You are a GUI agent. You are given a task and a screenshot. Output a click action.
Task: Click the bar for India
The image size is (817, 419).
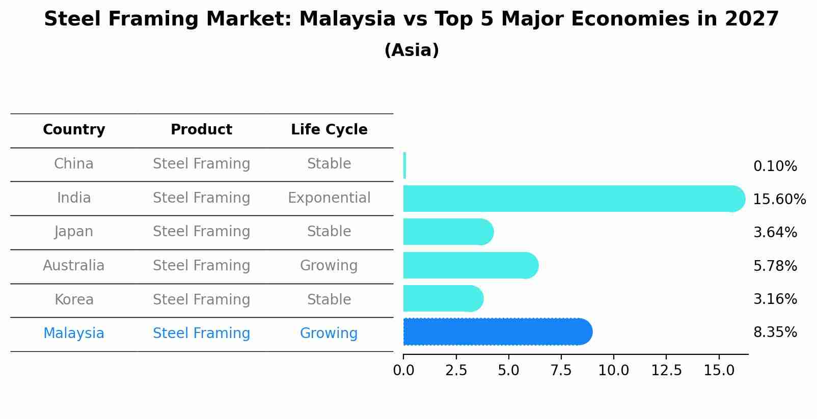click(x=570, y=199)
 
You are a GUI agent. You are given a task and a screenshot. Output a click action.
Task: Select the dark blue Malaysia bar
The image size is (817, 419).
click(x=497, y=332)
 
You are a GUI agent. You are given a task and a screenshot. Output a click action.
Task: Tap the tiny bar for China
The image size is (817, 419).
click(x=404, y=165)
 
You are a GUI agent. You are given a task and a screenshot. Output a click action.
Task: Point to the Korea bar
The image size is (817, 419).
click(x=442, y=298)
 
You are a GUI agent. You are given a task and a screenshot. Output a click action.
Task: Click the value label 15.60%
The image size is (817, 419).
click(x=779, y=200)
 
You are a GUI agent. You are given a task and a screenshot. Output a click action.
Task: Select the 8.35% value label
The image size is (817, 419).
click(x=775, y=332)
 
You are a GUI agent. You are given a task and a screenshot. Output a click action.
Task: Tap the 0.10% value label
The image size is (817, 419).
click(x=775, y=166)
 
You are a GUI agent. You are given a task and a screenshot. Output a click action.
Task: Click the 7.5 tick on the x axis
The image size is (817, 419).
click(x=561, y=371)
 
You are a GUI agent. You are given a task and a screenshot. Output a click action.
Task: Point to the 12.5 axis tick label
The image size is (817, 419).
click(x=666, y=371)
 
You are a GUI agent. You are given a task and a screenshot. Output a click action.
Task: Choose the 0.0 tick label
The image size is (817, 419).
click(x=403, y=371)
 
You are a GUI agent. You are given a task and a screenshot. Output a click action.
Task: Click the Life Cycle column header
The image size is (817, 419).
click(x=329, y=130)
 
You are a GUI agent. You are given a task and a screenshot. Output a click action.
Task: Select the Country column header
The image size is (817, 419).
click(x=74, y=130)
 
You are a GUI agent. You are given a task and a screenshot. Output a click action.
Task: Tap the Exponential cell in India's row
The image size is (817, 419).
click(x=329, y=198)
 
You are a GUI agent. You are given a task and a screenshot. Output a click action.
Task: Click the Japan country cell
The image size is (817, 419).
click(x=74, y=232)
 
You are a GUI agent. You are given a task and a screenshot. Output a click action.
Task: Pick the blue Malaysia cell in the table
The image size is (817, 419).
click(x=74, y=333)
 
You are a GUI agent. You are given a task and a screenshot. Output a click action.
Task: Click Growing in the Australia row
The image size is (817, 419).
click(x=329, y=266)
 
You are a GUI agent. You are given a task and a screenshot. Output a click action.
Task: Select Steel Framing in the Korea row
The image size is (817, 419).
click(x=201, y=300)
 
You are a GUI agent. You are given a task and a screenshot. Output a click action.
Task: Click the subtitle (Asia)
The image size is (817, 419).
click(x=412, y=50)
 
